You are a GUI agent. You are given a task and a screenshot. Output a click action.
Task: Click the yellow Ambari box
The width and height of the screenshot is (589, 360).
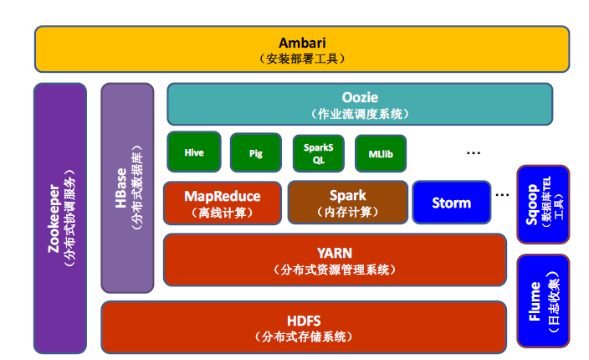[301, 49]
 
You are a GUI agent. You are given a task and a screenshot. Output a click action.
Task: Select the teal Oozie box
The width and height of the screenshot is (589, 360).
[360, 104]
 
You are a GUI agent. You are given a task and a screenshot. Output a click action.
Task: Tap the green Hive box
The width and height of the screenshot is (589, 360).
[194, 152]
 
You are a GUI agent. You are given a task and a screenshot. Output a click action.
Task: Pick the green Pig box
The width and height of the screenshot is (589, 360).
[256, 153]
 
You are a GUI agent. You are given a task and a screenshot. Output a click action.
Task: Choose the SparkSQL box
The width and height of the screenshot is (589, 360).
[318, 153]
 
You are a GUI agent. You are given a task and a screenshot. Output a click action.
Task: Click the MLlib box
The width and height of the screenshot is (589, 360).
[380, 153]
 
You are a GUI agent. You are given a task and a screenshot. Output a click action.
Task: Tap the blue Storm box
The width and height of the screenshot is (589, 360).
[451, 203]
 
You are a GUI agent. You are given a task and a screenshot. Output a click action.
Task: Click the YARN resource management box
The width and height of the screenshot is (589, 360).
[335, 260]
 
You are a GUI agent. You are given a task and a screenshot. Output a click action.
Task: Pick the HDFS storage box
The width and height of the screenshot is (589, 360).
[303, 327]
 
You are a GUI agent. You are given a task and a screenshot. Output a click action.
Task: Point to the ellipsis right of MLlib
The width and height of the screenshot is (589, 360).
[473, 152]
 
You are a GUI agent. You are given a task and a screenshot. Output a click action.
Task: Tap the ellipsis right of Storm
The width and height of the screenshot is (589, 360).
[502, 194]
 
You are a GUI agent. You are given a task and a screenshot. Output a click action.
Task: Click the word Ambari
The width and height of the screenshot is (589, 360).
[301, 43]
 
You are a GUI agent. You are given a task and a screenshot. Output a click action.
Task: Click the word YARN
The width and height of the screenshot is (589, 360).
[335, 253]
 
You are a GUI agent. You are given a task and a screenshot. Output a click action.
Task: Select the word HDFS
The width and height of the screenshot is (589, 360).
[303, 320]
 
